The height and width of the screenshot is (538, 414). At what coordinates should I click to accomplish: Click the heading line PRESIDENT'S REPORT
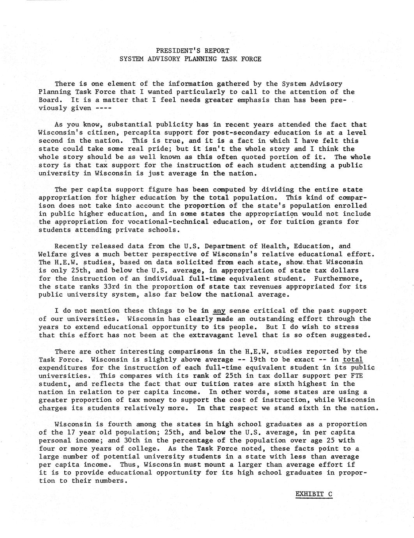coord(193,51)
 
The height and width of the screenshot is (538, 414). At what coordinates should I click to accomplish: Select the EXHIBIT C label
coord(314,494)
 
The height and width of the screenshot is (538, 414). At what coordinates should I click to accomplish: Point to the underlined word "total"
coord(353,359)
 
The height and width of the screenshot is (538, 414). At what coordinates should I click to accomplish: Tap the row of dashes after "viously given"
coord(103,108)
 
